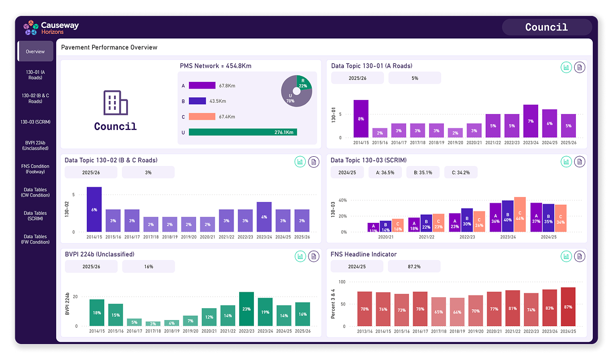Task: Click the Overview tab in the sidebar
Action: tap(35, 51)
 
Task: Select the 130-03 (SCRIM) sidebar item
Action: tap(35, 122)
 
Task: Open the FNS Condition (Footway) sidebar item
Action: tap(35, 169)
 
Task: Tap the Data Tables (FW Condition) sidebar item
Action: tap(35, 239)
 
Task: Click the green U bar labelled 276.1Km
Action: tap(242, 132)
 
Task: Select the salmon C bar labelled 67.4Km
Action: tap(202, 116)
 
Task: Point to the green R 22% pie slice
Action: tap(303, 82)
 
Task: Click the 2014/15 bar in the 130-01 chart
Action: tap(361, 119)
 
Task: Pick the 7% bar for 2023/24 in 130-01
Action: tap(531, 121)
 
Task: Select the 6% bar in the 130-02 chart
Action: tap(94, 209)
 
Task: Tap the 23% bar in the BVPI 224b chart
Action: tap(246, 309)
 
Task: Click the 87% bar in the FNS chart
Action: tap(568, 308)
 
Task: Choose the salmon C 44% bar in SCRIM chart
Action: tap(520, 215)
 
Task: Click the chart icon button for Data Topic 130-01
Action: tap(566, 67)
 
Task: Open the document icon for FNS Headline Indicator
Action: tap(580, 256)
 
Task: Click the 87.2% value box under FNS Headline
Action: tap(414, 266)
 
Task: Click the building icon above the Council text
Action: tap(115, 103)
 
